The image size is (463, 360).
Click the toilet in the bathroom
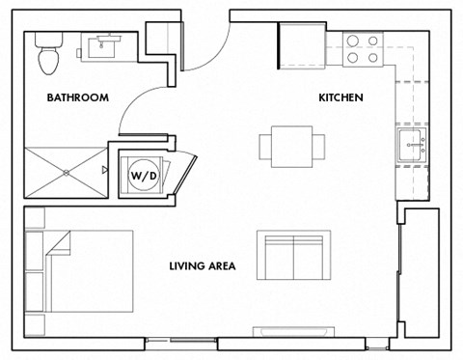46,56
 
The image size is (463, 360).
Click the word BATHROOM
77,97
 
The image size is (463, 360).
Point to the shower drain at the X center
66,172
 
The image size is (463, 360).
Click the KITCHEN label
340,97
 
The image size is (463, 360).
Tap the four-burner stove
362,49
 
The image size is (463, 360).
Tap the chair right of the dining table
319,145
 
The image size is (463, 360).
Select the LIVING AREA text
202,266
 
